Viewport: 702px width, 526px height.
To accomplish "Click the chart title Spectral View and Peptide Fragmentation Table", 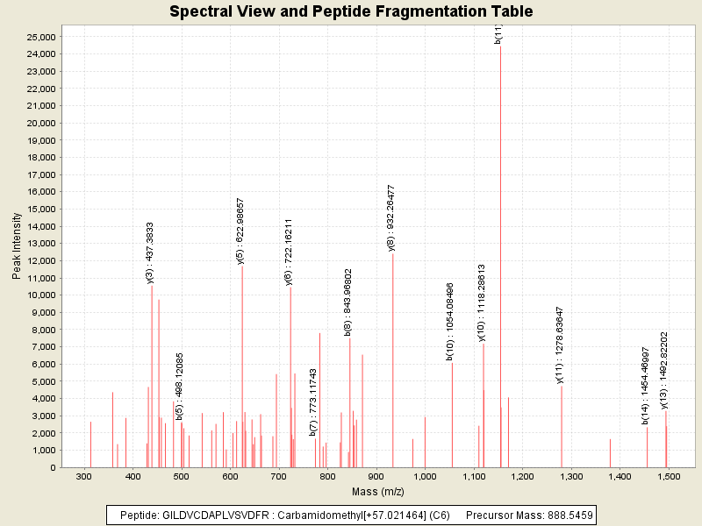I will tap(351, 11).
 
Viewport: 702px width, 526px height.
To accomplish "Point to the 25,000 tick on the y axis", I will tap(40, 37).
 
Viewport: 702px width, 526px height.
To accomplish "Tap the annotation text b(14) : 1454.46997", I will tap(646, 386).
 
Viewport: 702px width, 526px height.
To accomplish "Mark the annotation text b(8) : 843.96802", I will tap(348, 302).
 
